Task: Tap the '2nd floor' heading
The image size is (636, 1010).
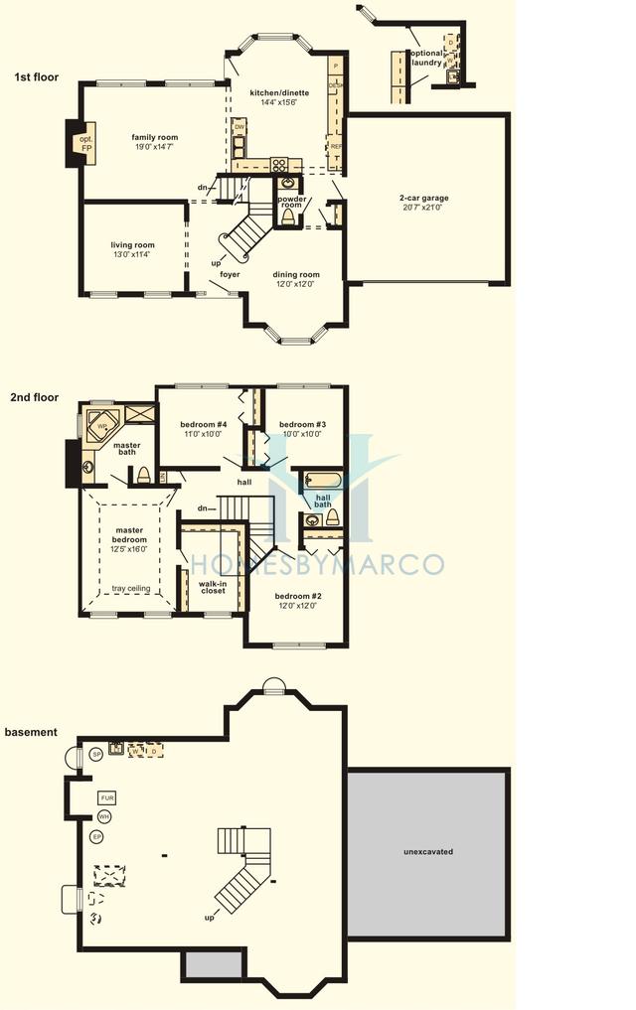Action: pyautogui.click(x=36, y=397)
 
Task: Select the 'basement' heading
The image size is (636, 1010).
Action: pyautogui.click(x=31, y=732)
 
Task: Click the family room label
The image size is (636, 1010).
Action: pyautogui.click(x=154, y=137)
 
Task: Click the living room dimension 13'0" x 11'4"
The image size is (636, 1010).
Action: pyautogui.click(x=132, y=255)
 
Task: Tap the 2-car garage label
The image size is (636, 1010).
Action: pyautogui.click(x=424, y=198)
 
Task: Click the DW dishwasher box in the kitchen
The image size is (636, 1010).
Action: pyautogui.click(x=239, y=127)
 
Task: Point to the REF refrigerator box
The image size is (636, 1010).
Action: pyautogui.click(x=336, y=145)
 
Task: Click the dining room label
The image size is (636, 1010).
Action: pyautogui.click(x=296, y=274)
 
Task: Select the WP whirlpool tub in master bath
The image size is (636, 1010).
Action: pyautogui.click(x=102, y=425)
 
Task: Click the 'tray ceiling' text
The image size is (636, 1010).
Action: pyautogui.click(x=131, y=588)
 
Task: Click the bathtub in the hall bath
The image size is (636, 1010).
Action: pyautogui.click(x=322, y=482)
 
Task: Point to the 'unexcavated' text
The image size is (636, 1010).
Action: pyautogui.click(x=428, y=852)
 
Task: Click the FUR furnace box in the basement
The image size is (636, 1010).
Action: pyautogui.click(x=107, y=797)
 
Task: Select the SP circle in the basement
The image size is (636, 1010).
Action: pyautogui.click(x=96, y=755)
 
